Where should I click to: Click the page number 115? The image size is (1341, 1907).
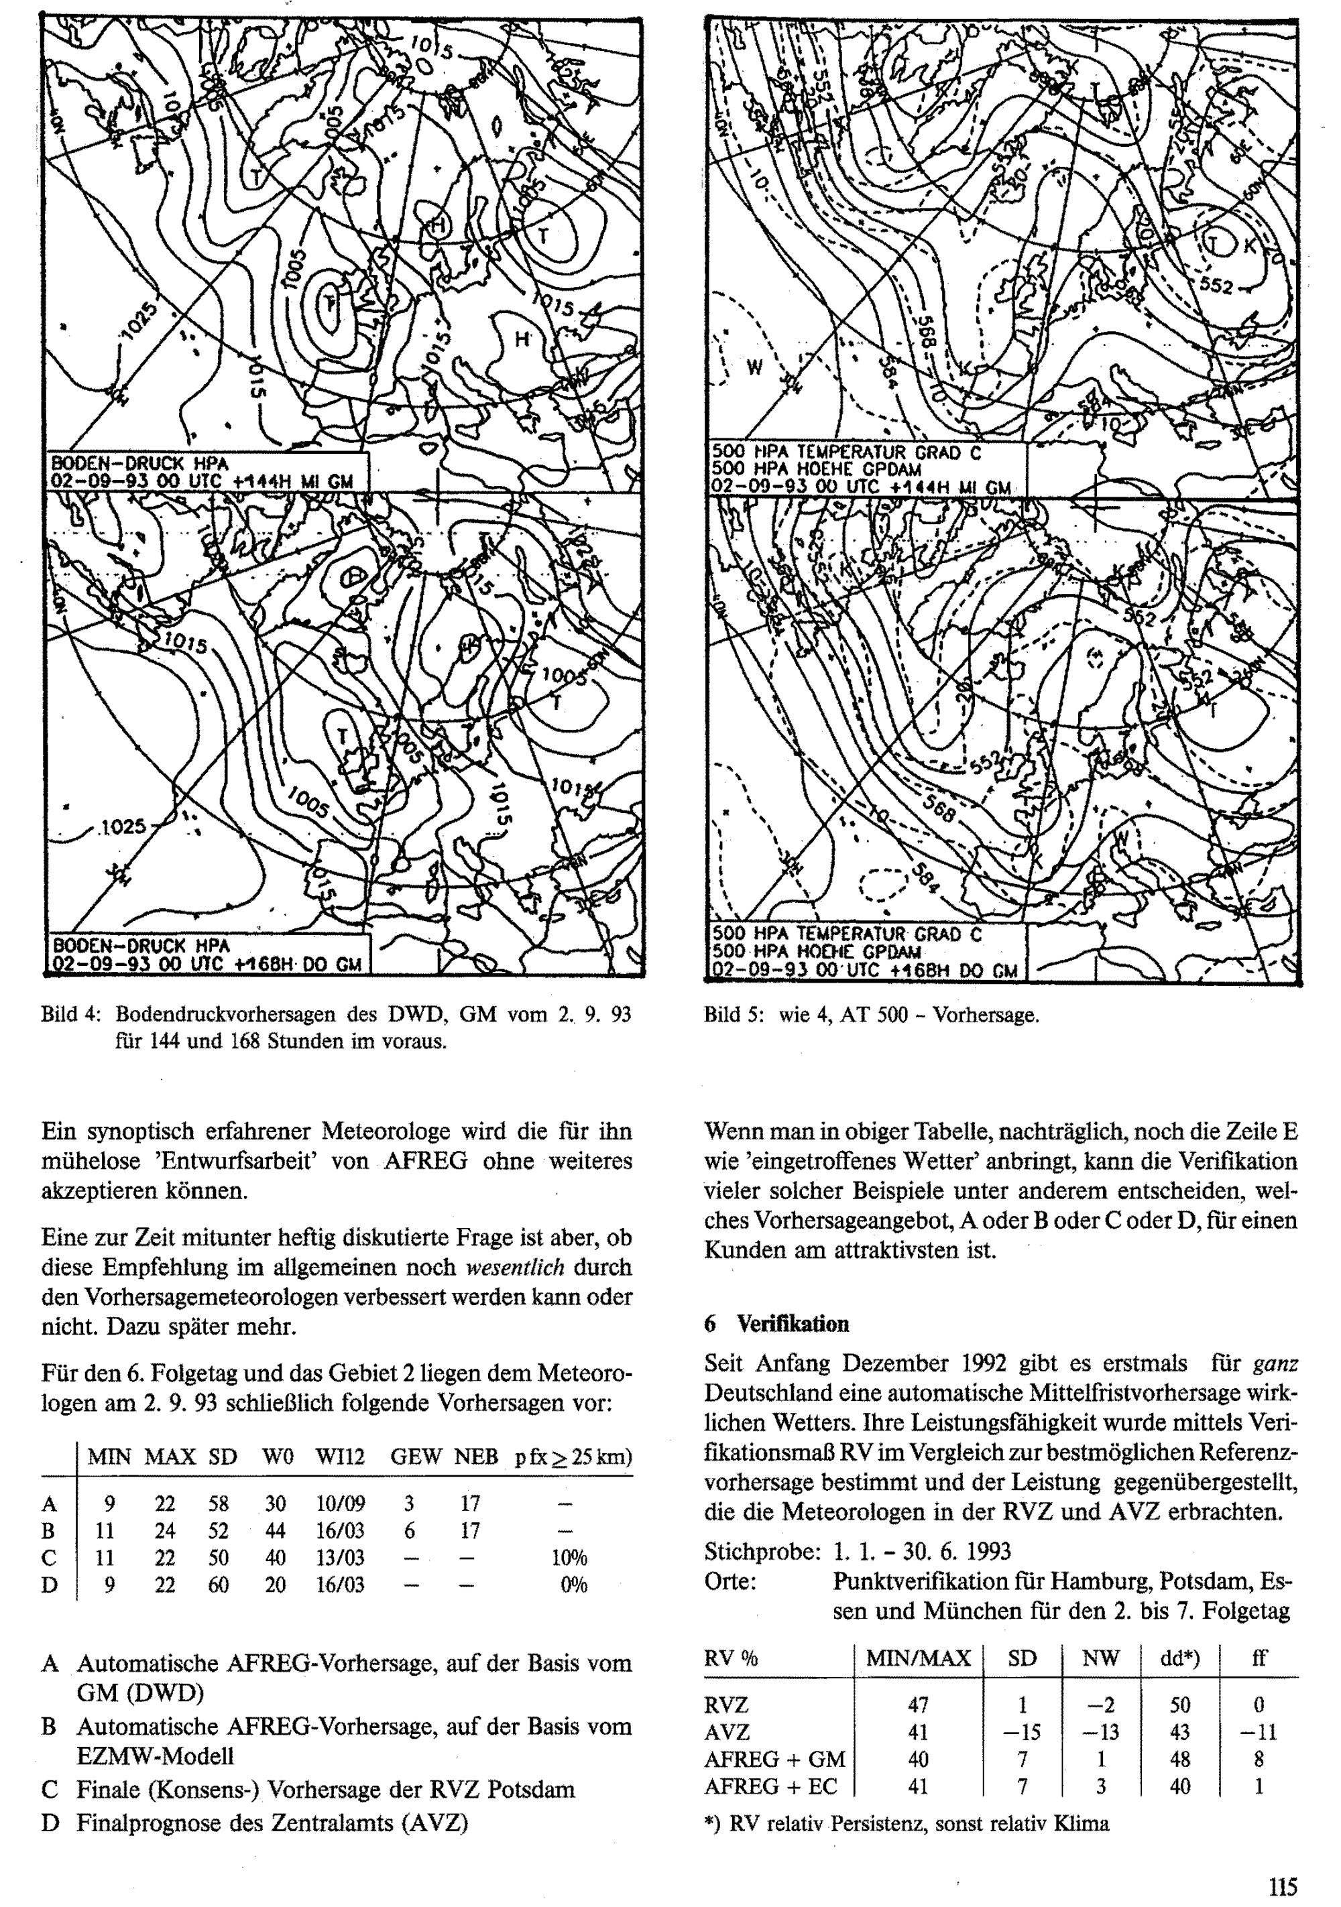coord(1282,1886)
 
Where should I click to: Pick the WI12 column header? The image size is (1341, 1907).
coord(340,1456)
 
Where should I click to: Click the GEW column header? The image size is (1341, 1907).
coord(416,1456)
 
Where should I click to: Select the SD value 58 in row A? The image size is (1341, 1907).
coord(219,1503)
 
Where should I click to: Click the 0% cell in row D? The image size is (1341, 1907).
coord(573,1585)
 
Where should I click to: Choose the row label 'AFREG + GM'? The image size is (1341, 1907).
coord(774,1758)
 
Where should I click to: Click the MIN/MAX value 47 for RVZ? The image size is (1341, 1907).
coord(918,1705)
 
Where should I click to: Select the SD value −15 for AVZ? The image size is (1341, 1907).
coord(1021,1732)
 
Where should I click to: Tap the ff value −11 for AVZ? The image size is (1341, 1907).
coord(1258,1732)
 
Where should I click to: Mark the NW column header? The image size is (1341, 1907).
coord(1101,1658)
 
